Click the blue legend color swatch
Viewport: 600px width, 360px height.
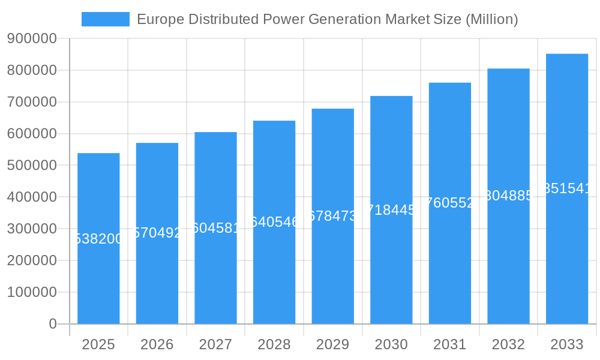point(106,19)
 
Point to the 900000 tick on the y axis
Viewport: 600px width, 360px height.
point(32,39)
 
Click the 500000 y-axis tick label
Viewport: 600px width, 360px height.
point(32,166)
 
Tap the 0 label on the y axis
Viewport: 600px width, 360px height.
point(52,324)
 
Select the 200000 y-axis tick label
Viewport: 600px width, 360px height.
point(32,260)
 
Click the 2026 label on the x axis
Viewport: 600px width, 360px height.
point(157,344)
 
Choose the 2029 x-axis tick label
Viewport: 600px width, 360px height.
point(332,344)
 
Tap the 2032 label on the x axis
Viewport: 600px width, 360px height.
point(508,344)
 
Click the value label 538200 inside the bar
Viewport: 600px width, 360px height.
point(98,239)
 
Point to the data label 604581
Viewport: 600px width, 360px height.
point(215,228)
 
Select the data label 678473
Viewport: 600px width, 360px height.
point(332,216)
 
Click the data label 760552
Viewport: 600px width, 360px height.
point(449,203)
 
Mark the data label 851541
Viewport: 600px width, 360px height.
point(566,188)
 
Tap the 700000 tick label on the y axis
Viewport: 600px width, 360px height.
point(32,102)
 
